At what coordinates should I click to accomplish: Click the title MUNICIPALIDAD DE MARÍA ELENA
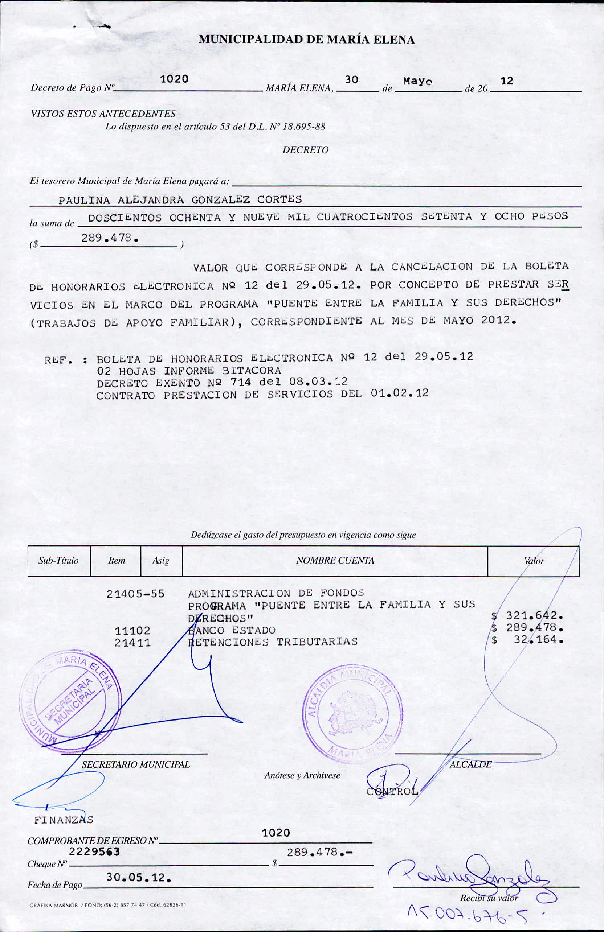306,40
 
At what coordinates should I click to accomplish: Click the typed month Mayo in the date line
418,82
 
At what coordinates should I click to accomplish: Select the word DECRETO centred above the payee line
305,149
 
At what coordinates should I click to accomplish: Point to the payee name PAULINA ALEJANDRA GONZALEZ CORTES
180,200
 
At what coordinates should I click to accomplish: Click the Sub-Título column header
58,560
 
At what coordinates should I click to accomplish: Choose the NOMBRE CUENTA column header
335,560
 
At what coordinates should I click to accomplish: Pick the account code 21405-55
136,594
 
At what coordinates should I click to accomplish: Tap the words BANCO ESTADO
232,630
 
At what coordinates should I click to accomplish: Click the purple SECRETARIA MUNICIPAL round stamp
70,701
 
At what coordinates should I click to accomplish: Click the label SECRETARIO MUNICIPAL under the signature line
136,764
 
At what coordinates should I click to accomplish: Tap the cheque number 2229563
94,851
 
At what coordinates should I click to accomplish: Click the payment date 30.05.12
138,878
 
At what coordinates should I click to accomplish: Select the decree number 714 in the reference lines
240,382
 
